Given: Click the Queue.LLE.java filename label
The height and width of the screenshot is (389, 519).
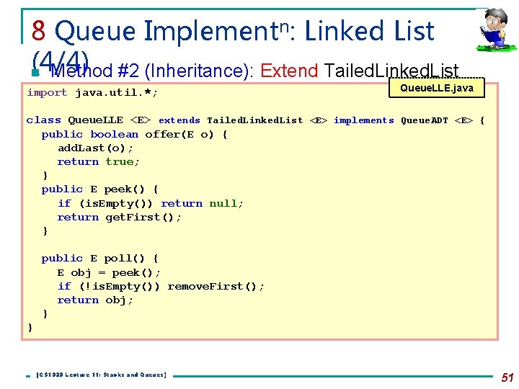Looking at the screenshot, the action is [x=437, y=88].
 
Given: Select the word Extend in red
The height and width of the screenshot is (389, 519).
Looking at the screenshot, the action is [x=289, y=71].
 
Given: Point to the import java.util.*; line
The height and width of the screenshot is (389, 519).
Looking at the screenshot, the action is [x=92, y=93].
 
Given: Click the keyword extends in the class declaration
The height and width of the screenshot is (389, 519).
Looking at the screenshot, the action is [x=179, y=120].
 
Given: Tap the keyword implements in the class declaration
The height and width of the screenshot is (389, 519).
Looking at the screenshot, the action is [x=363, y=120].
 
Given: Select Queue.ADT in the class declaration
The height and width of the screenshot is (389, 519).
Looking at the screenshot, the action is [x=425, y=120].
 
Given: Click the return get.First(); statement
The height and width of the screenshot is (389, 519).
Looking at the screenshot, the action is [x=120, y=217].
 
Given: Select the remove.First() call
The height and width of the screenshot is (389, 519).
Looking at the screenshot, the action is [x=214, y=286].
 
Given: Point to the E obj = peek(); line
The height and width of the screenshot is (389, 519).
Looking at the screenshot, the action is [x=109, y=272].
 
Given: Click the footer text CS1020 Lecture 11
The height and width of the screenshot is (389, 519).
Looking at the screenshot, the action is [x=101, y=375].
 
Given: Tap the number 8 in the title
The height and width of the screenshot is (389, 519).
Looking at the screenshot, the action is [x=40, y=31].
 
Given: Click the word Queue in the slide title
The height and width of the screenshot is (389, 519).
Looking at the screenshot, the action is [x=94, y=31].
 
